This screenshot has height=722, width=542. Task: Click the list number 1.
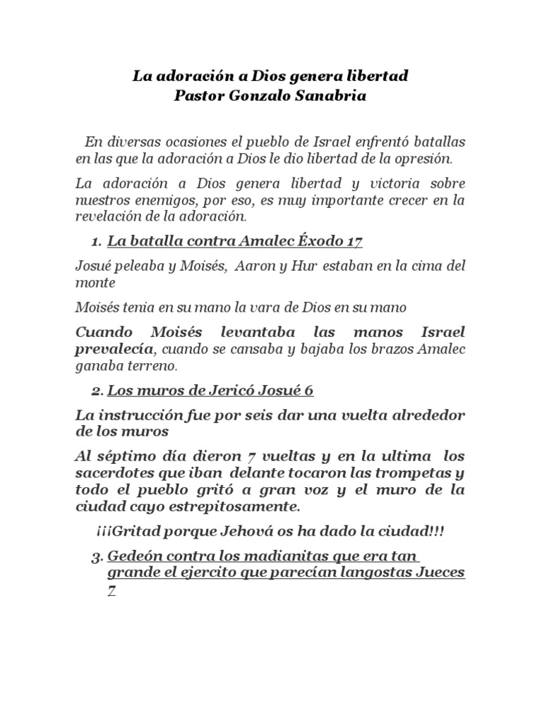click(x=95, y=242)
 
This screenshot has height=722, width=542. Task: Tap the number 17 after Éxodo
click(x=354, y=242)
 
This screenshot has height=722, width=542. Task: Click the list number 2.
click(x=95, y=391)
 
